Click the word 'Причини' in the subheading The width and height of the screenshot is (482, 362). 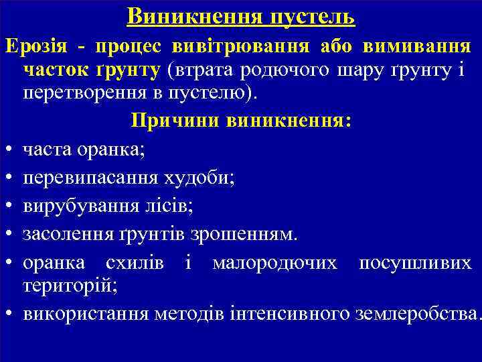176,121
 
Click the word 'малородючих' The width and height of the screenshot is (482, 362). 274,263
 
